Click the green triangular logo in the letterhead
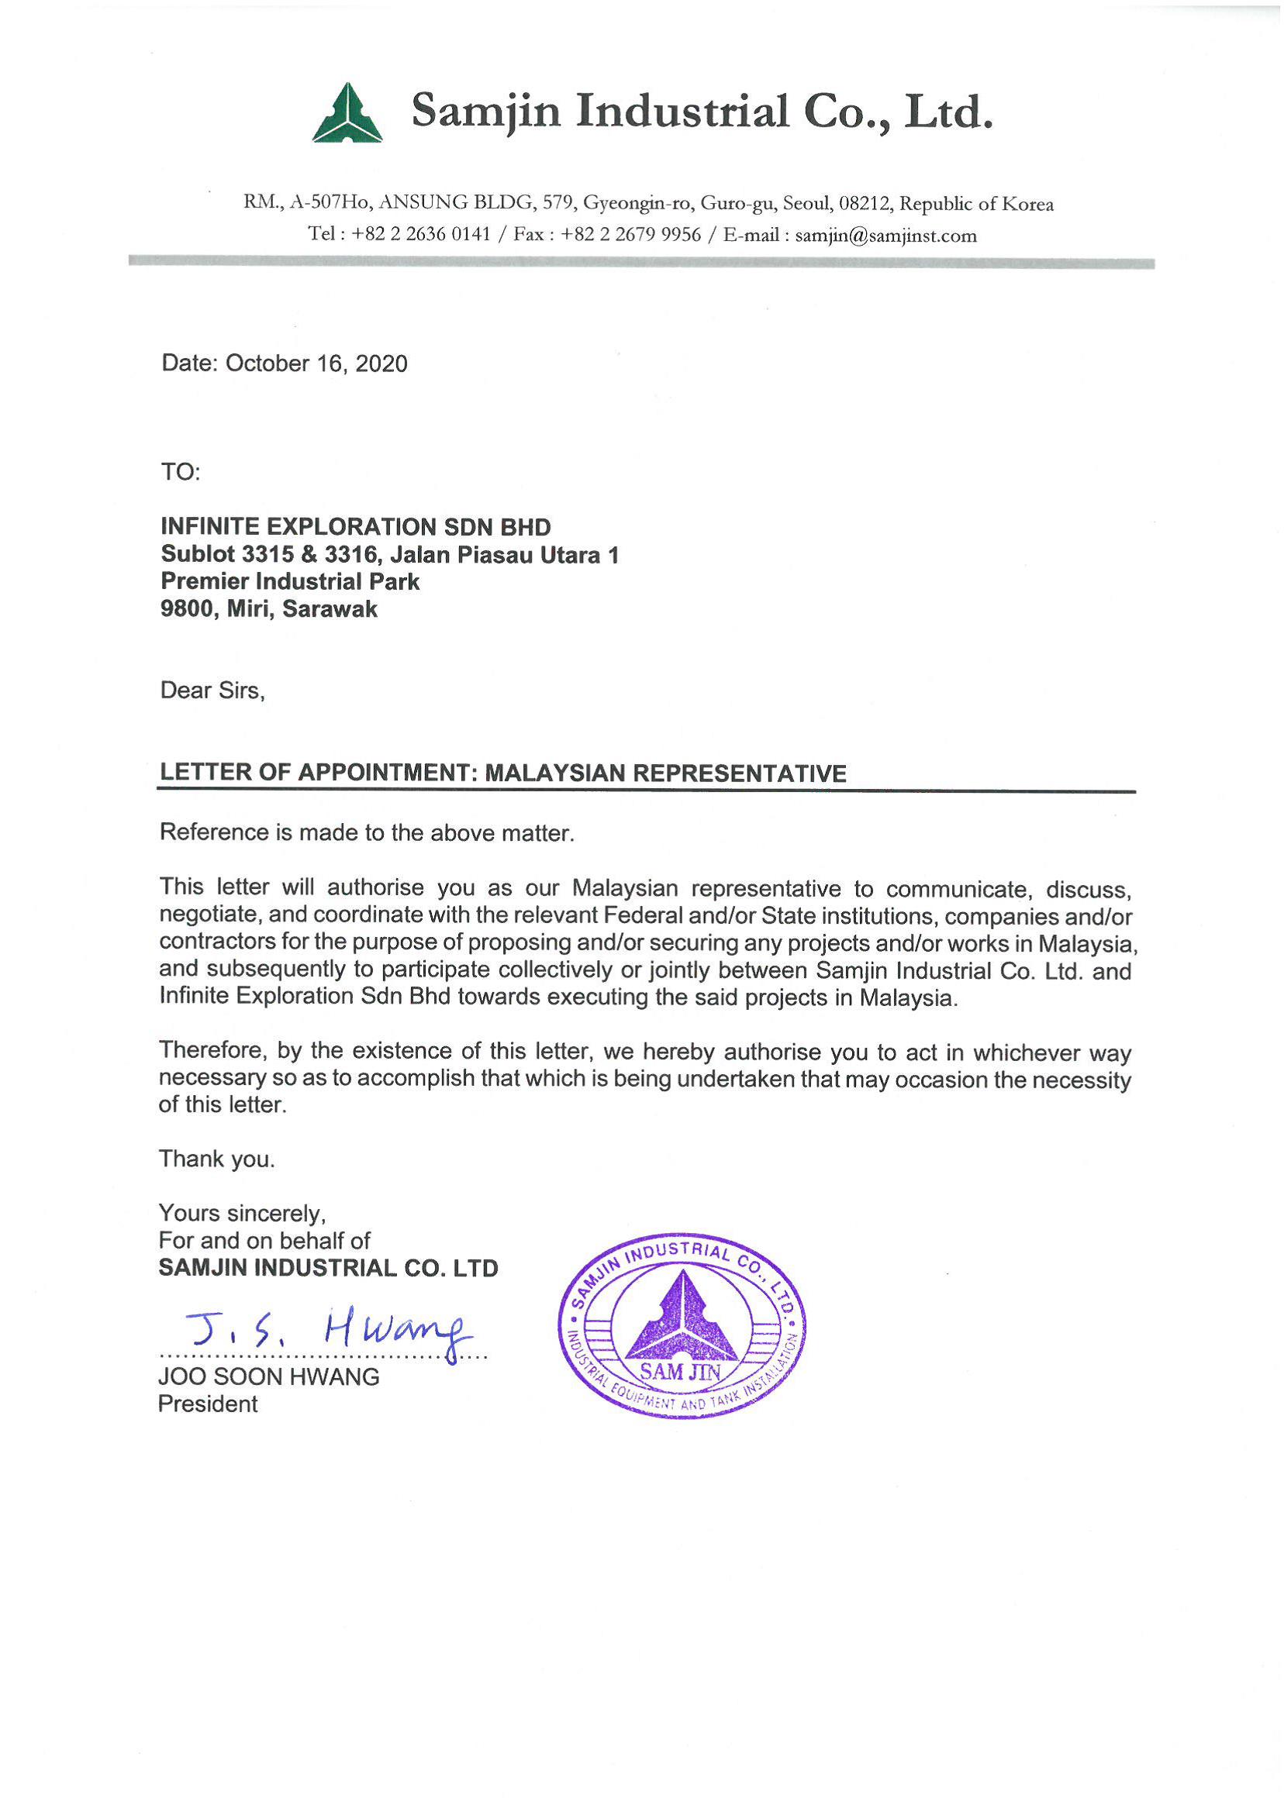[347, 114]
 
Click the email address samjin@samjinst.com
[885, 236]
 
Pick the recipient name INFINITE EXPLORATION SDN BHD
[356, 527]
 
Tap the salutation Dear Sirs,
[212, 691]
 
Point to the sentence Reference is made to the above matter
[367, 833]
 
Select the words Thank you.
[216, 1159]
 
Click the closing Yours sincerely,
[242, 1213]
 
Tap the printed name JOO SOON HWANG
[269, 1377]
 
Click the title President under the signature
[208, 1404]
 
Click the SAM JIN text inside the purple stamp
[680, 1373]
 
